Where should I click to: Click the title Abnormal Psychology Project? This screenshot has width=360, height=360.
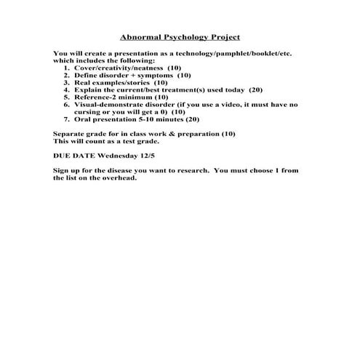click(x=179, y=36)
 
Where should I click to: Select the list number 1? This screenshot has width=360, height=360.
click(x=66, y=67)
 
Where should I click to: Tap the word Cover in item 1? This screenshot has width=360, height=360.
click(x=84, y=67)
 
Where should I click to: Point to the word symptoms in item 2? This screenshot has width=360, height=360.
click(x=154, y=75)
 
